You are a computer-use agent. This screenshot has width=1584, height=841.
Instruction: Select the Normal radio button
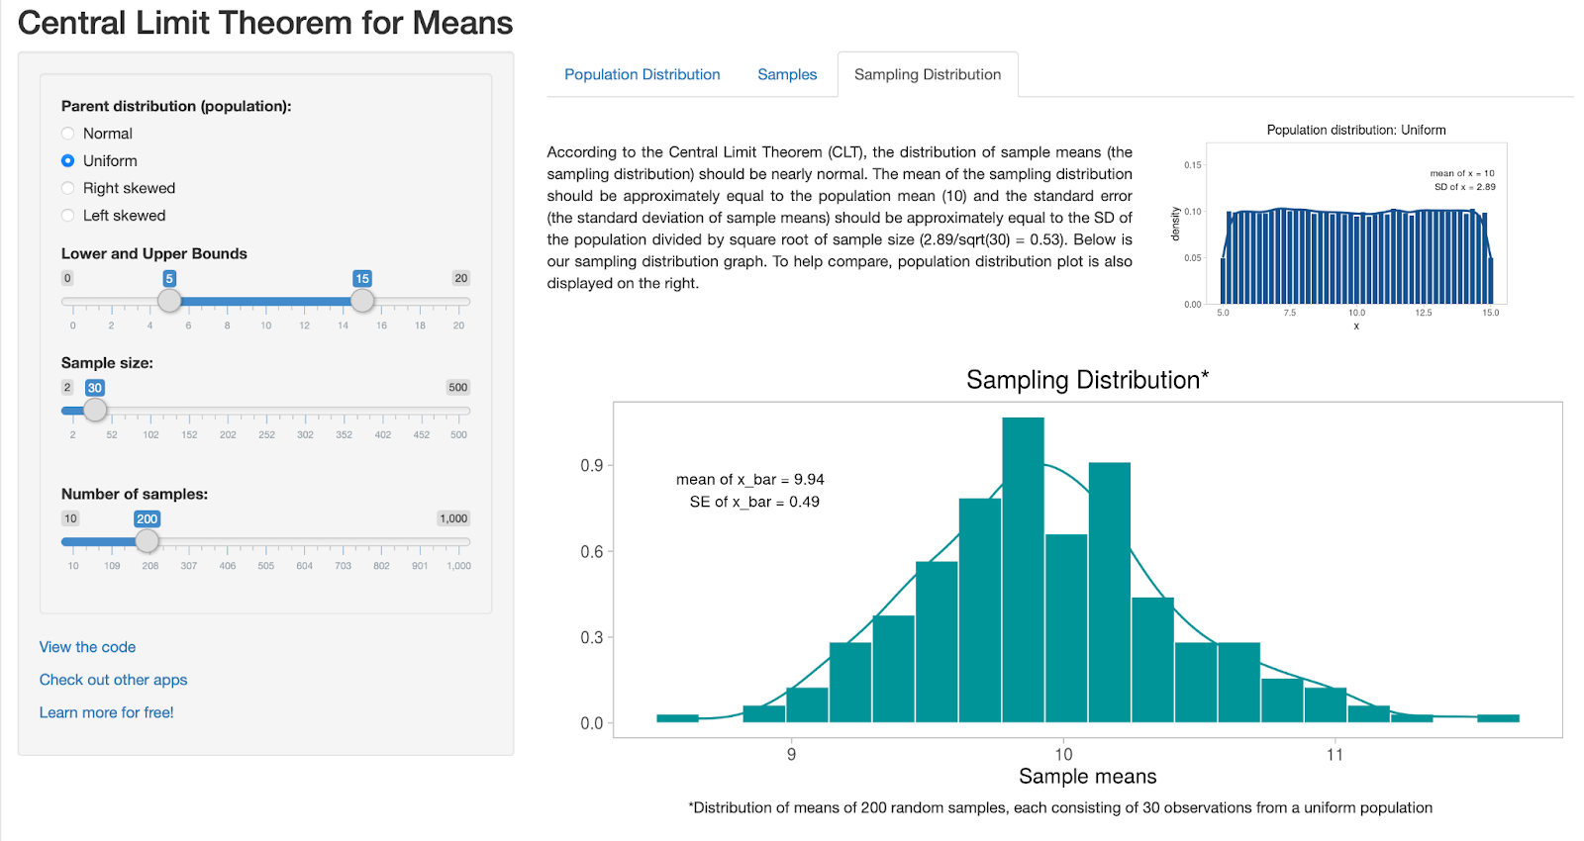[x=67, y=134]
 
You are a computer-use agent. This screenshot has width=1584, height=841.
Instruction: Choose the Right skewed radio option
[x=67, y=188]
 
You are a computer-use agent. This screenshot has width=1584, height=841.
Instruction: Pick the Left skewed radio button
[x=67, y=216]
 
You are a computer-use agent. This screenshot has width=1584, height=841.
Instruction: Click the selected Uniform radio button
[x=67, y=160]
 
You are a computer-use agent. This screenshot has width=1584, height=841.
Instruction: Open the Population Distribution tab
[x=642, y=74]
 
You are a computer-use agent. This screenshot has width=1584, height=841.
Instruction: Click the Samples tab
[x=787, y=74]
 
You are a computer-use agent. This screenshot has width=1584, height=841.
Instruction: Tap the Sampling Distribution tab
[x=928, y=74]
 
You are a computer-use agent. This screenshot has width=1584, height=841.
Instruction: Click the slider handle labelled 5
[x=169, y=301]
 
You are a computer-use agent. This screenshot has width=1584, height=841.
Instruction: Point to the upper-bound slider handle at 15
[x=362, y=301]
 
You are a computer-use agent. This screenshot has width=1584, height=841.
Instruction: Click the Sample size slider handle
[x=95, y=410]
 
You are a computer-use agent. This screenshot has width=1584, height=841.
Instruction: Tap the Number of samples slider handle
[x=147, y=541]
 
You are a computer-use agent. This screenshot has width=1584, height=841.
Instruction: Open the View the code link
[x=87, y=647]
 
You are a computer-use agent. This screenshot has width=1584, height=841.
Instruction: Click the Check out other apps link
[x=113, y=680]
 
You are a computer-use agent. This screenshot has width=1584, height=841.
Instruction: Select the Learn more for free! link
[x=106, y=712]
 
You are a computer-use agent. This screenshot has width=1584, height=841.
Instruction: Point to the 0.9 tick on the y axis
[x=592, y=466]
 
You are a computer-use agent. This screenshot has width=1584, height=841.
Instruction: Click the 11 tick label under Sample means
[x=1335, y=755]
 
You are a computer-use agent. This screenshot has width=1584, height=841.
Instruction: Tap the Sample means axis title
[x=1087, y=777]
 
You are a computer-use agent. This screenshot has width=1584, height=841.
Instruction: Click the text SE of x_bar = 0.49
[x=754, y=502]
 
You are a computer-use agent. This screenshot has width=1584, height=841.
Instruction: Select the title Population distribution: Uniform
[x=1355, y=130]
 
